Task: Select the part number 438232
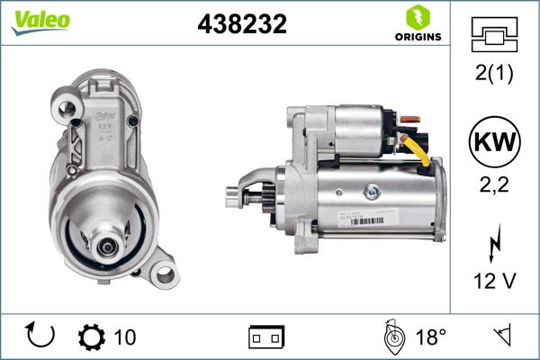tap(241, 24)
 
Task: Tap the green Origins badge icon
tap(417, 17)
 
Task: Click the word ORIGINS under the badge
tap(417, 37)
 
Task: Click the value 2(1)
tap(494, 75)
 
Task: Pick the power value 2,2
tap(494, 185)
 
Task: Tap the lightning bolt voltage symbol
tap(494, 245)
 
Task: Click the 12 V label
tap(494, 282)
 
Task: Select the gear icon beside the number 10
tap(92, 337)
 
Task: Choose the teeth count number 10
tap(125, 337)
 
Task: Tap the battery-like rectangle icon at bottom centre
tap(266, 337)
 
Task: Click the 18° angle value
tap(430, 337)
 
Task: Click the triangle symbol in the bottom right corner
tap(500, 336)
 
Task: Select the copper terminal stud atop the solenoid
tap(406, 118)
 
